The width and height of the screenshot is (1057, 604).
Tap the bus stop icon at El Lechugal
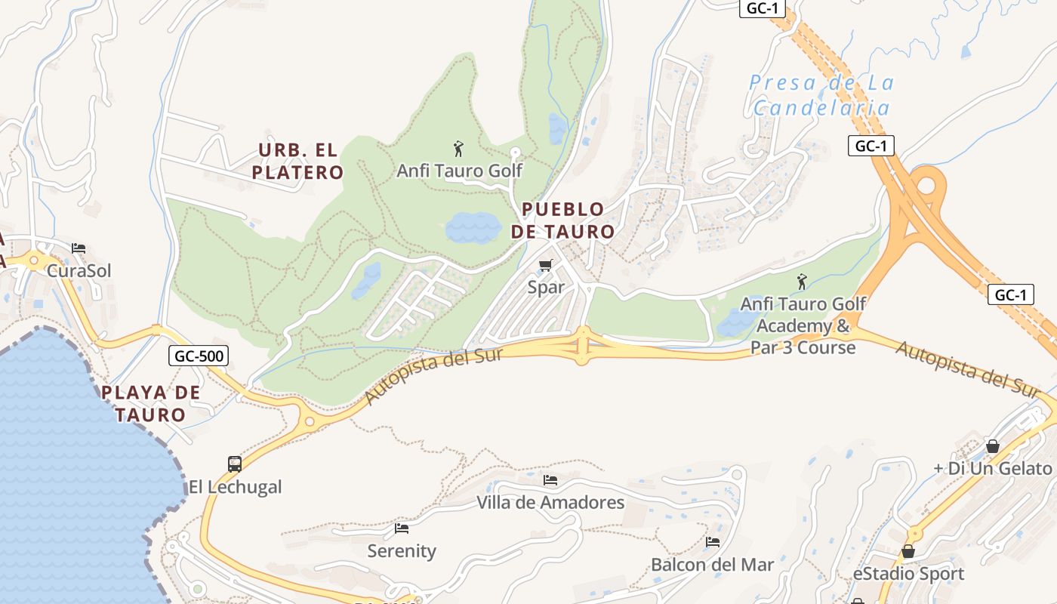(x=235, y=464)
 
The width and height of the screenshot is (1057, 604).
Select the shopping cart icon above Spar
(x=546, y=265)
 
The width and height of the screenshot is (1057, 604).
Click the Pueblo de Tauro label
(x=562, y=220)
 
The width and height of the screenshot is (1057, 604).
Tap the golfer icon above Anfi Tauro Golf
(x=458, y=148)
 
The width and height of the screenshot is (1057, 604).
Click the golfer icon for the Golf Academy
(x=802, y=282)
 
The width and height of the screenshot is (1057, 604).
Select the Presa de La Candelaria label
(x=822, y=95)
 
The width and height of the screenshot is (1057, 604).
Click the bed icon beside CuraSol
(x=79, y=248)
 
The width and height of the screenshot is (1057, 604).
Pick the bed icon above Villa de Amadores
(x=550, y=480)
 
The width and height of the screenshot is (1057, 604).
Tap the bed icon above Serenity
(x=402, y=528)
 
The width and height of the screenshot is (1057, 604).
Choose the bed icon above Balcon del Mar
(x=712, y=542)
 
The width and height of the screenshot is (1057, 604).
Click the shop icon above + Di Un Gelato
(x=993, y=446)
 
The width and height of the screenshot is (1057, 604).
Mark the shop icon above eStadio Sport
(x=908, y=551)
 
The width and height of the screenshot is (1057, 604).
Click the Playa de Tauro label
(x=151, y=403)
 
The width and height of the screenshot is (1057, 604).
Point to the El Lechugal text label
(x=235, y=487)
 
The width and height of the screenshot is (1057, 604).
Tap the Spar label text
(x=546, y=288)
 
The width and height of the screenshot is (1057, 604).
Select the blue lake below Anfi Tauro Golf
(x=473, y=227)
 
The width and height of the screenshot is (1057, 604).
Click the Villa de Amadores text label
(x=550, y=502)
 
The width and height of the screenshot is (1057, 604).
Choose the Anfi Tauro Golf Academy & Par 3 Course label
(x=803, y=325)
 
